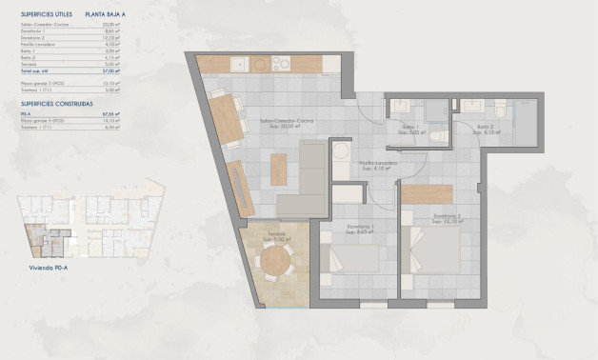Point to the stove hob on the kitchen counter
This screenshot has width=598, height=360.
pos(283,65)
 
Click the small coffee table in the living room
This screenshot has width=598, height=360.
pos(278,169)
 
